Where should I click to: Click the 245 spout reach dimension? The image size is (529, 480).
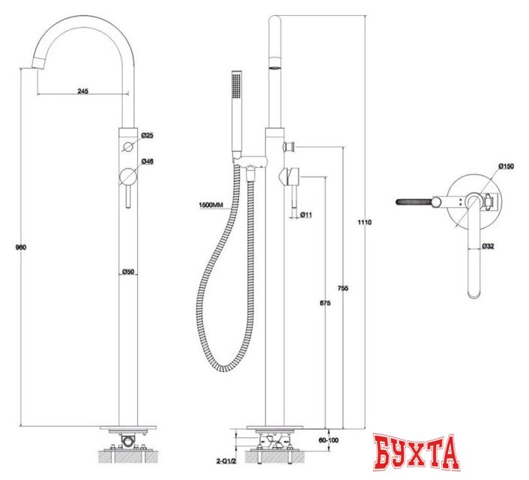pyautogui.click(x=82, y=91)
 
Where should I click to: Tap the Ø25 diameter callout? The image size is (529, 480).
pyautogui.click(x=148, y=135)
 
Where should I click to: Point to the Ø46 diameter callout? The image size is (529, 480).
pyautogui.click(x=148, y=161)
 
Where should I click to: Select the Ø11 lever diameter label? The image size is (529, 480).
pyautogui.click(x=306, y=214)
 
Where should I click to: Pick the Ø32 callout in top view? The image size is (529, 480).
pyautogui.click(x=488, y=245)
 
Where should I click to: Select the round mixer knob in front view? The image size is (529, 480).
pyautogui.click(x=128, y=178)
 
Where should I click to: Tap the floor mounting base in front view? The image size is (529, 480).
pyautogui.click(x=127, y=433)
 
